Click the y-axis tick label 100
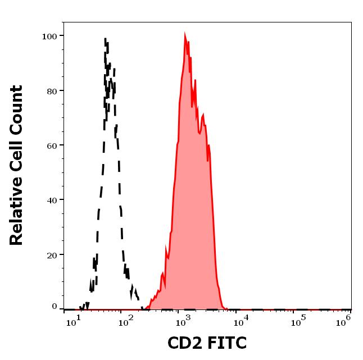click(x=49, y=36)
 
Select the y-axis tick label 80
click(x=52, y=90)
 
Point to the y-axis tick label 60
click(x=52, y=145)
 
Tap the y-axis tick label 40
click(x=52, y=200)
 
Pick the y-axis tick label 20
click(x=52, y=254)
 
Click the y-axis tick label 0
click(x=55, y=307)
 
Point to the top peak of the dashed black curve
click(x=106, y=39)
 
